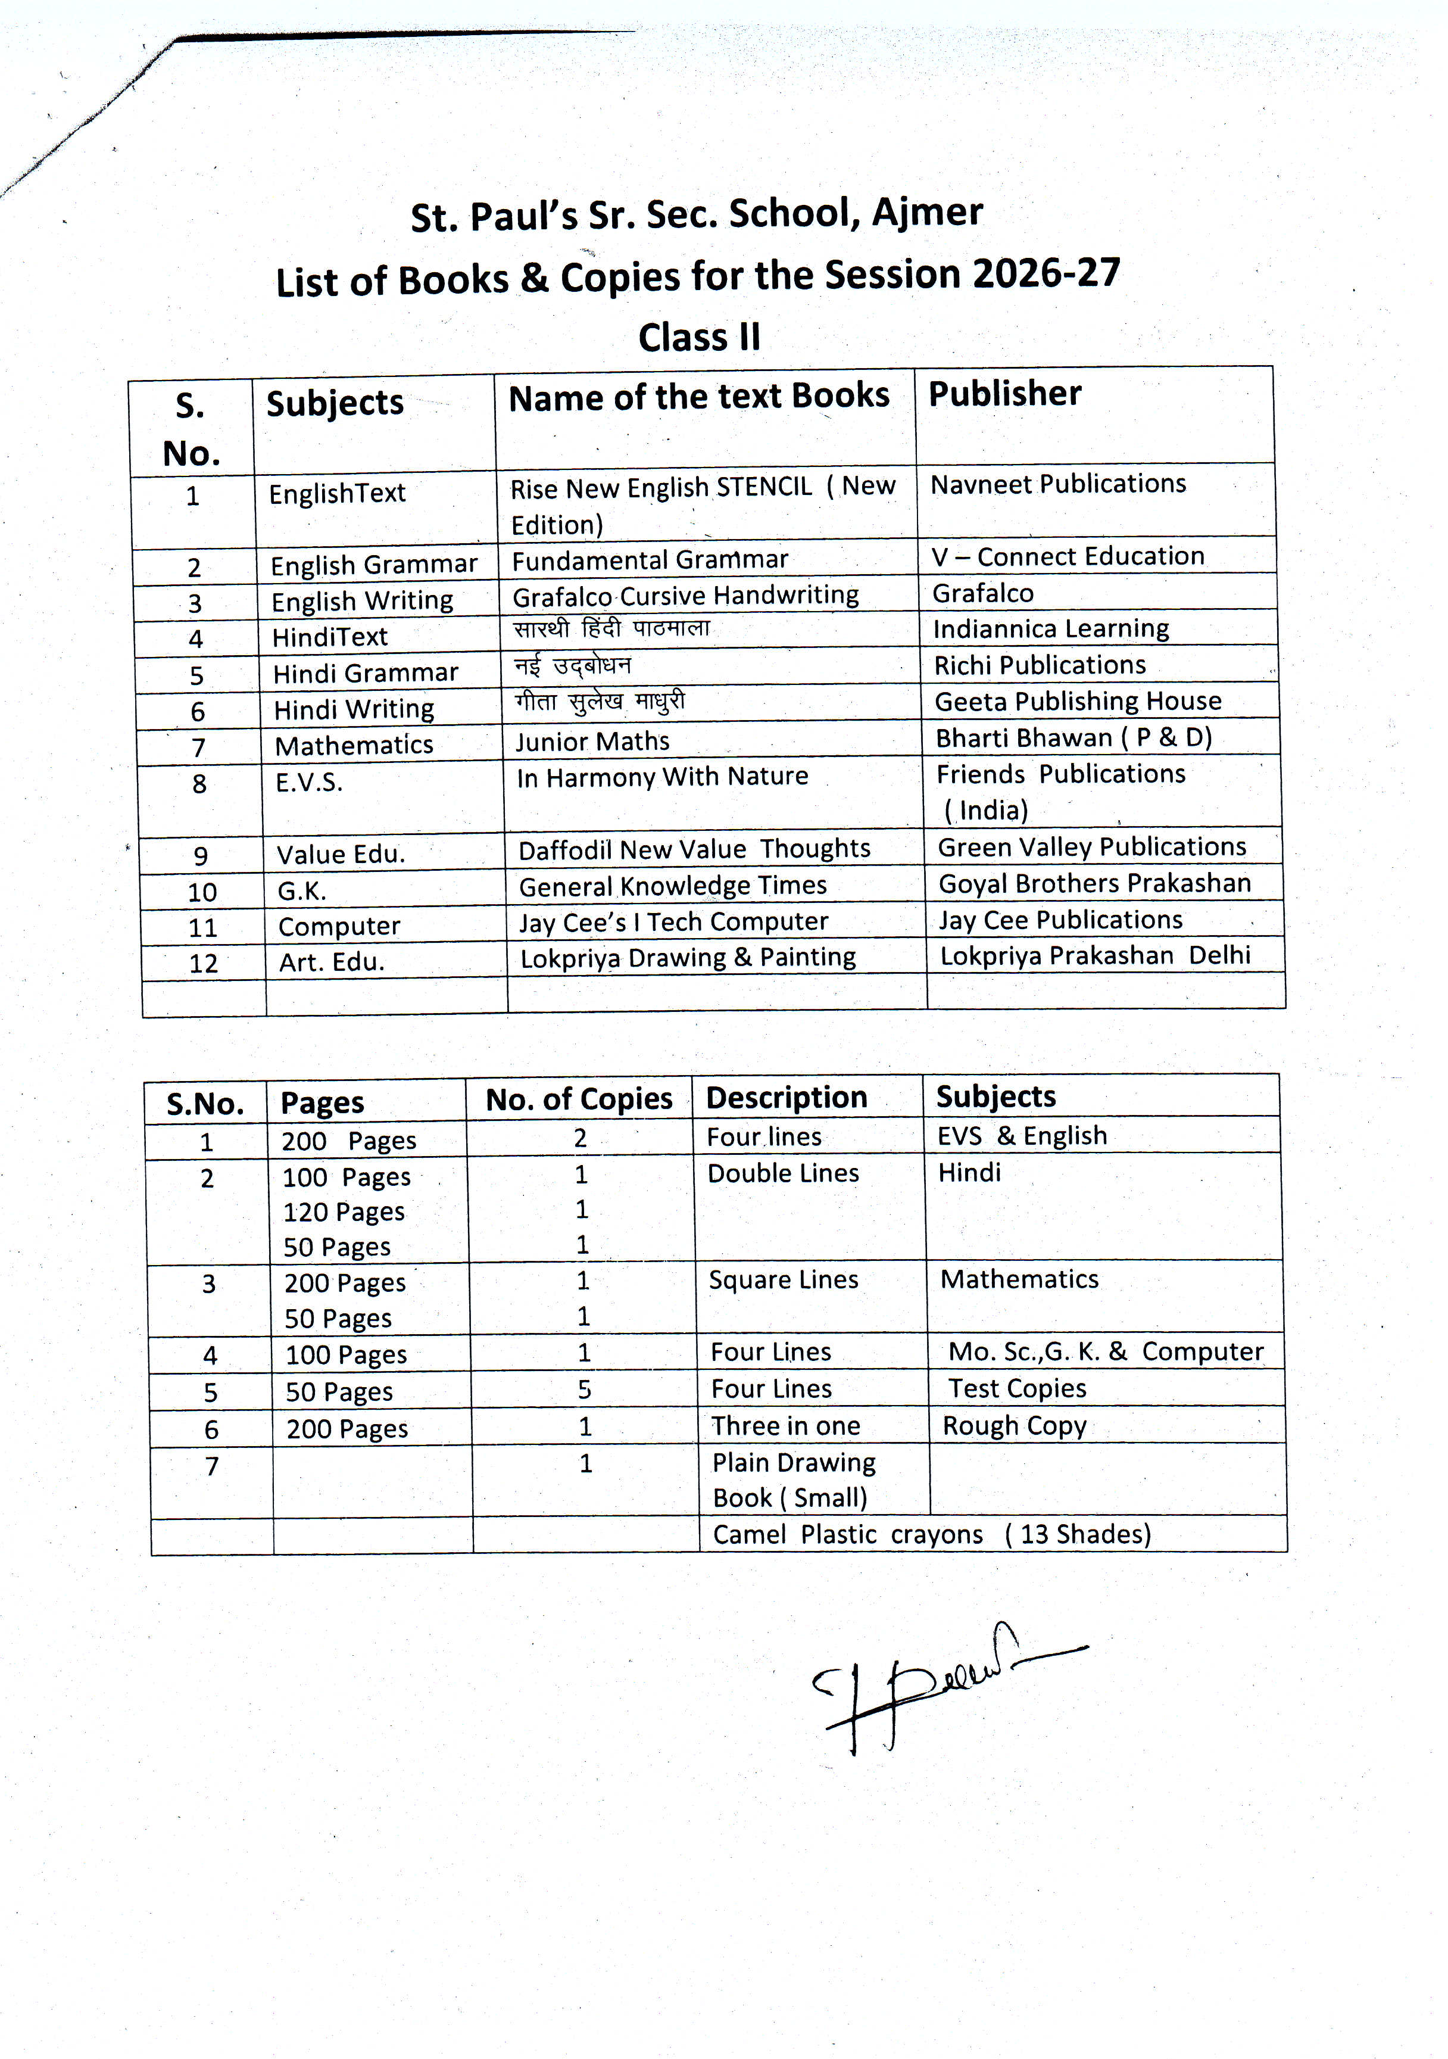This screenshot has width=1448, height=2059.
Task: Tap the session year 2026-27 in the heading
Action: click(1046, 273)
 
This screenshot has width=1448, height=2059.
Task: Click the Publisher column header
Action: click(1004, 394)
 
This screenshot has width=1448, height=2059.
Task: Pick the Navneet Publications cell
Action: click(1058, 484)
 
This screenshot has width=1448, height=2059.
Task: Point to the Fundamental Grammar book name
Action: click(650, 560)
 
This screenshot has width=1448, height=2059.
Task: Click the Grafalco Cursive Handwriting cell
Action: click(685, 596)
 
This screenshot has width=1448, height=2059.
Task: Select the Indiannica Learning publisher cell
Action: click(1051, 628)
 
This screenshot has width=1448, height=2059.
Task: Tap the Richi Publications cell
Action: click(1040, 665)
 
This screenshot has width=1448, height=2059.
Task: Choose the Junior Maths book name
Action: click(592, 742)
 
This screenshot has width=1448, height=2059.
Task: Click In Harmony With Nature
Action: click(661, 777)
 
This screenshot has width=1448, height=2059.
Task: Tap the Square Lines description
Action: click(783, 1280)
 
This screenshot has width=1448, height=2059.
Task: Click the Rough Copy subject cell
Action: click(1014, 1426)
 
